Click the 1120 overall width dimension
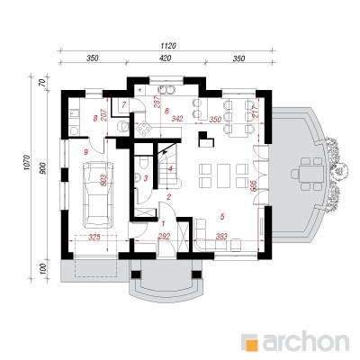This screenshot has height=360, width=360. [168, 46]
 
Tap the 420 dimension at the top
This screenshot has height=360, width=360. [165, 58]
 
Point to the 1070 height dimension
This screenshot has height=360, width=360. [26, 163]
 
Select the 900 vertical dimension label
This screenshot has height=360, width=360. [43, 168]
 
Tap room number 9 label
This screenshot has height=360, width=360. [85, 152]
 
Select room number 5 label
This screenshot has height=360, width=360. [222, 216]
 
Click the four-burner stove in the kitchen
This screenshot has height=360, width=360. [144, 129]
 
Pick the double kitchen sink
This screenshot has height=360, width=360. [166, 89]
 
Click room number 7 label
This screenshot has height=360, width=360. [124, 105]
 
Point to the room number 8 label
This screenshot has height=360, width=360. [95, 119]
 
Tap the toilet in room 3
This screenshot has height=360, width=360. [144, 164]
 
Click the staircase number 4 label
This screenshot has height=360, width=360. [170, 169]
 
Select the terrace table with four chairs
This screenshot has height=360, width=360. [307, 174]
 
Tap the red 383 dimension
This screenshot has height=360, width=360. [221, 237]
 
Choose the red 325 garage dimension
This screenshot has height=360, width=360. [94, 238]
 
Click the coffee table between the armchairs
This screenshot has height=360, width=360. [223, 175]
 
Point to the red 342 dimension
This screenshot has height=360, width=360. [177, 119]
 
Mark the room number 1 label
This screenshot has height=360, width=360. [164, 223]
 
